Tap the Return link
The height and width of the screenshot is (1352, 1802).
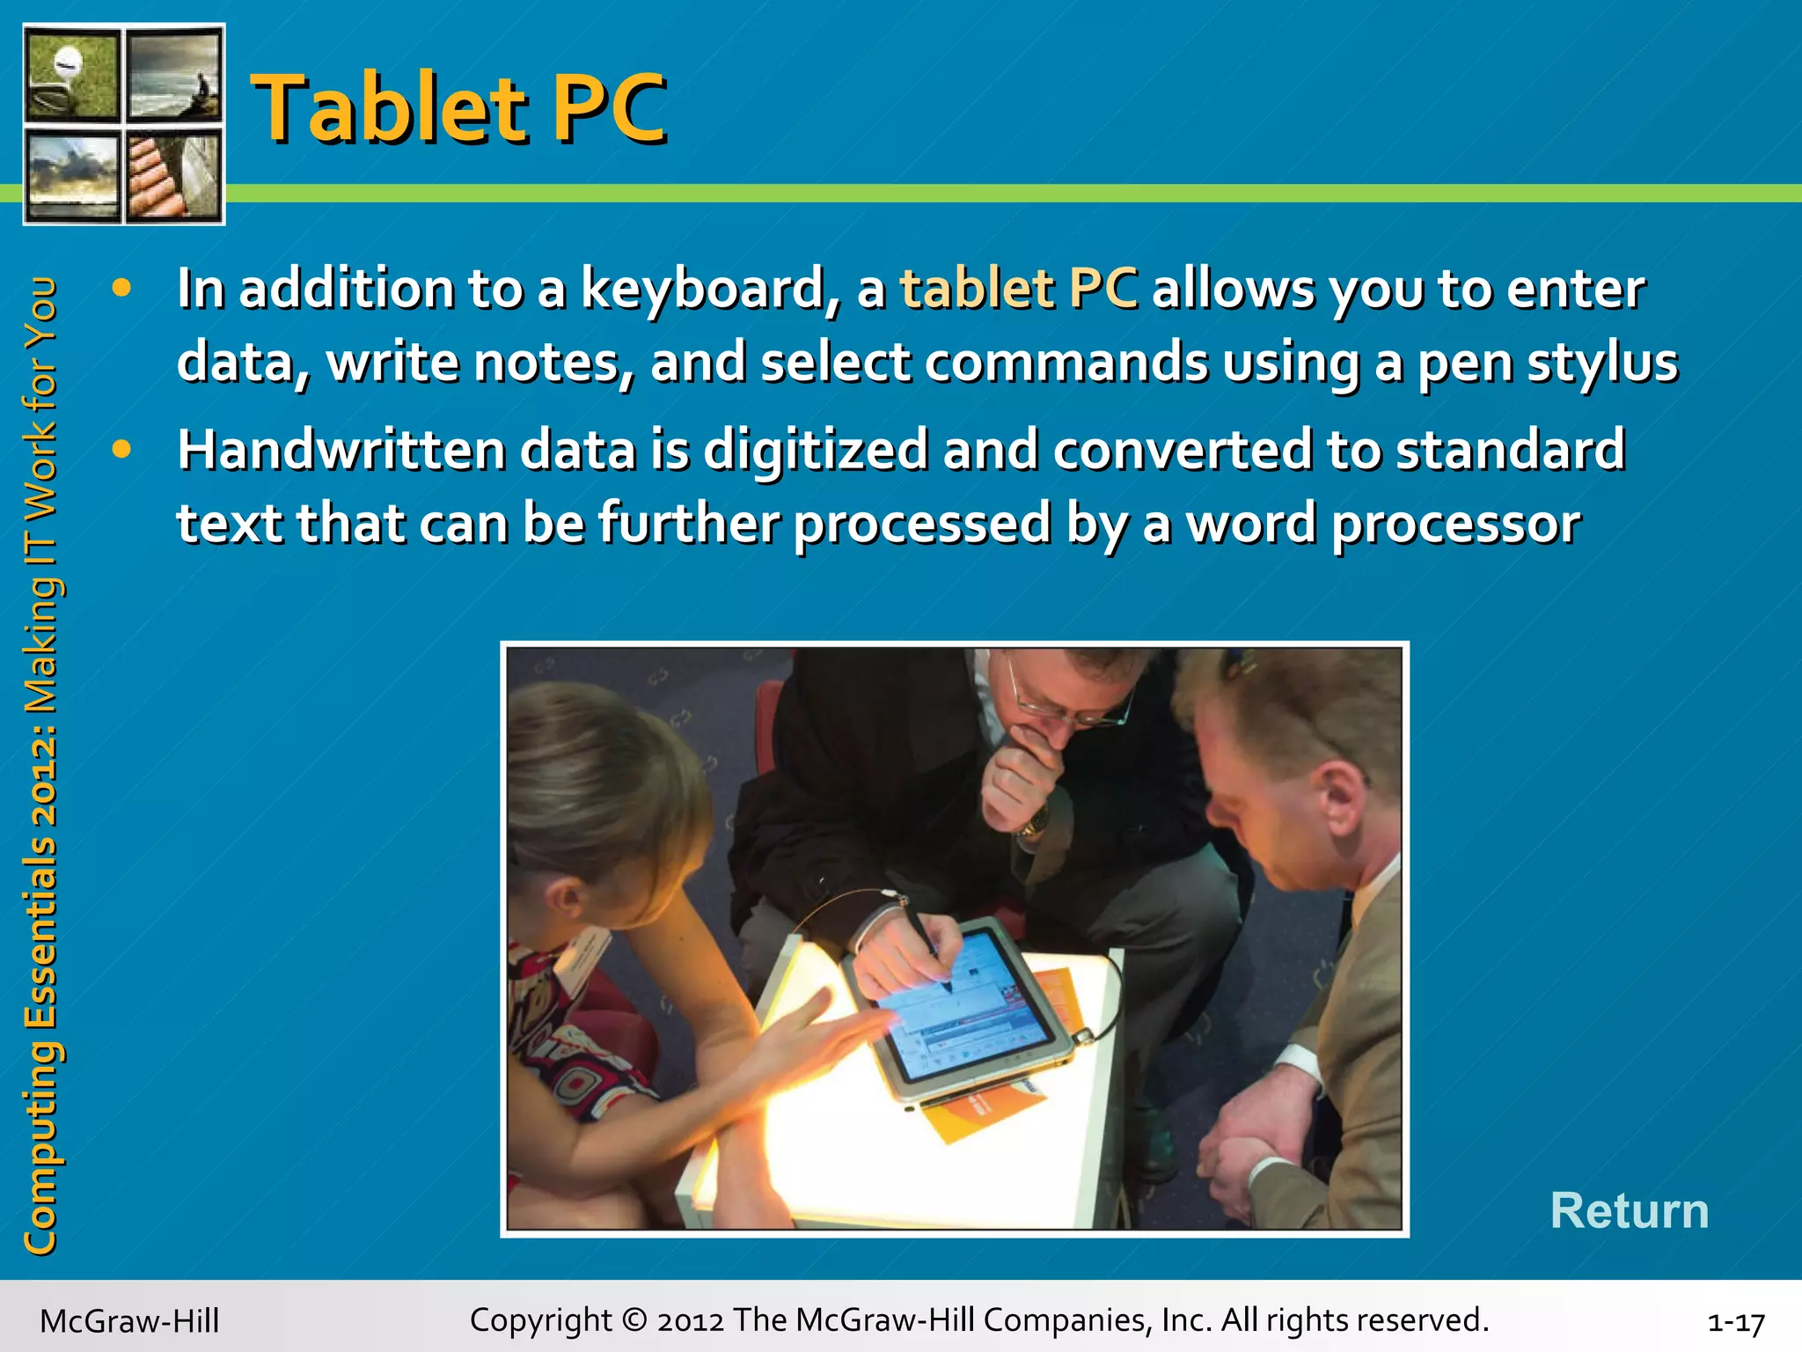tap(1629, 1210)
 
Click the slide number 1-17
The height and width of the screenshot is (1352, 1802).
tap(1735, 1322)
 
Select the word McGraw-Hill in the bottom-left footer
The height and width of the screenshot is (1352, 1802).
tap(129, 1321)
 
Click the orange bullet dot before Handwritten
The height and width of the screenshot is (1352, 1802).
tap(121, 450)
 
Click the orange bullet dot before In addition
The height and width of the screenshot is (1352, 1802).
tap(121, 288)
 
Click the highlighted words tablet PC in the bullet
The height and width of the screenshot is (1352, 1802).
tap(1018, 290)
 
